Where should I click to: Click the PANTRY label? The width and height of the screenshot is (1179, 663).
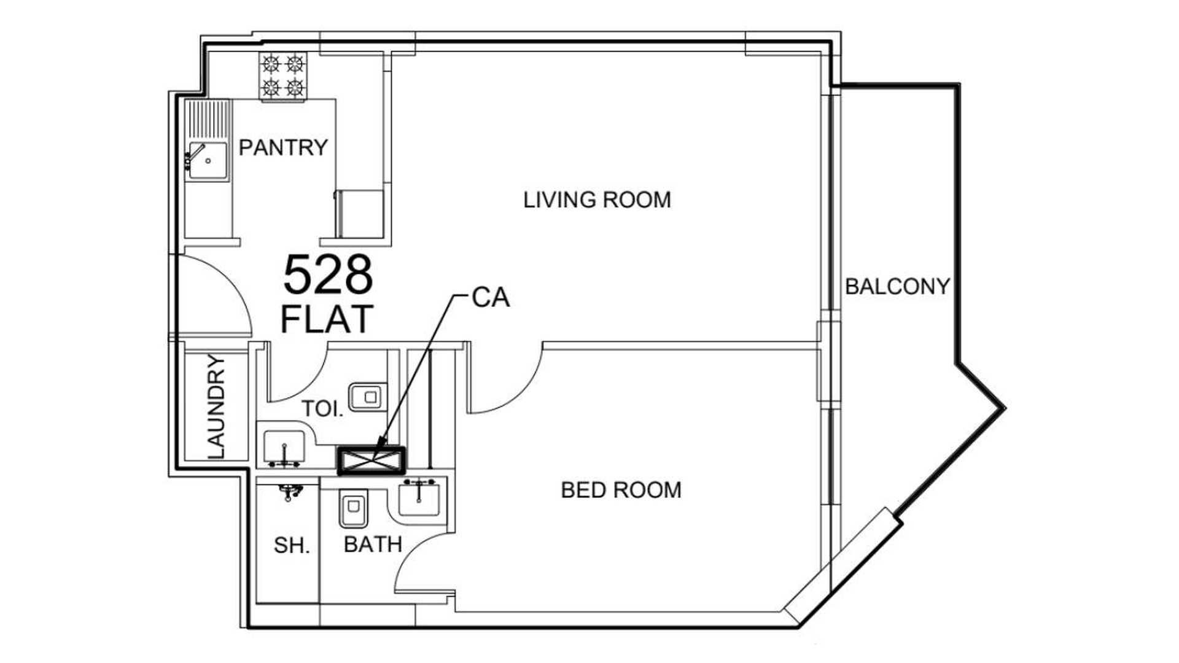pyautogui.click(x=283, y=148)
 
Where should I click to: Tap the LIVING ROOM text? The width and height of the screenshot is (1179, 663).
pyautogui.click(x=597, y=200)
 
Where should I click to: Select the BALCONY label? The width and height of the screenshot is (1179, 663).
pyautogui.click(x=897, y=287)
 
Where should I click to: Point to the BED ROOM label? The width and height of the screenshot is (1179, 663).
pyautogui.click(x=621, y=490)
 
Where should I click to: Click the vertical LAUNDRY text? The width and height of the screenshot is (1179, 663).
pyautogui.click(x=217, y=406)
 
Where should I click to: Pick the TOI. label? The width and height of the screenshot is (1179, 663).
pyautogui.click(x=322, y=409)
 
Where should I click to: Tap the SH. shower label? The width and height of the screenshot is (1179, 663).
pyautogui.click(x=292, y=545)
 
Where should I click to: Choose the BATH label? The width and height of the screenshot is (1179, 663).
pyautogui.click(x=373, y=545)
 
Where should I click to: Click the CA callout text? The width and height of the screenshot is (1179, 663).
pyautogui.click(x=491, y=298)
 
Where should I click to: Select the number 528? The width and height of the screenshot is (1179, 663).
pyautogui.click(x=328, y=275)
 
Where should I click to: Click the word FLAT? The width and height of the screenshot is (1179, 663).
pyautogui.click(x=327, y=319)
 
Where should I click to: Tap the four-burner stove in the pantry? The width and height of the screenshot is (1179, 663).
pyautogui.click(x=283, y=77)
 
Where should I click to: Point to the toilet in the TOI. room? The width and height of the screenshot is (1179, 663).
pyautogui.click(x=368, y=397)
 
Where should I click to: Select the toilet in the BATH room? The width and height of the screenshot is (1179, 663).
pyautogui.click(x=353, y=509)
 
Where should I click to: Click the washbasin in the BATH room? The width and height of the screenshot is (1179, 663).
pyautogui.click(x=418, y=498)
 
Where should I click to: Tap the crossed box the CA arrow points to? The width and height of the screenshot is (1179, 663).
pyautogui.click(x=372, y=460)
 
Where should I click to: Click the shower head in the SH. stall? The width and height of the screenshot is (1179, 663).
pyautogui.click(x=290, y=492)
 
